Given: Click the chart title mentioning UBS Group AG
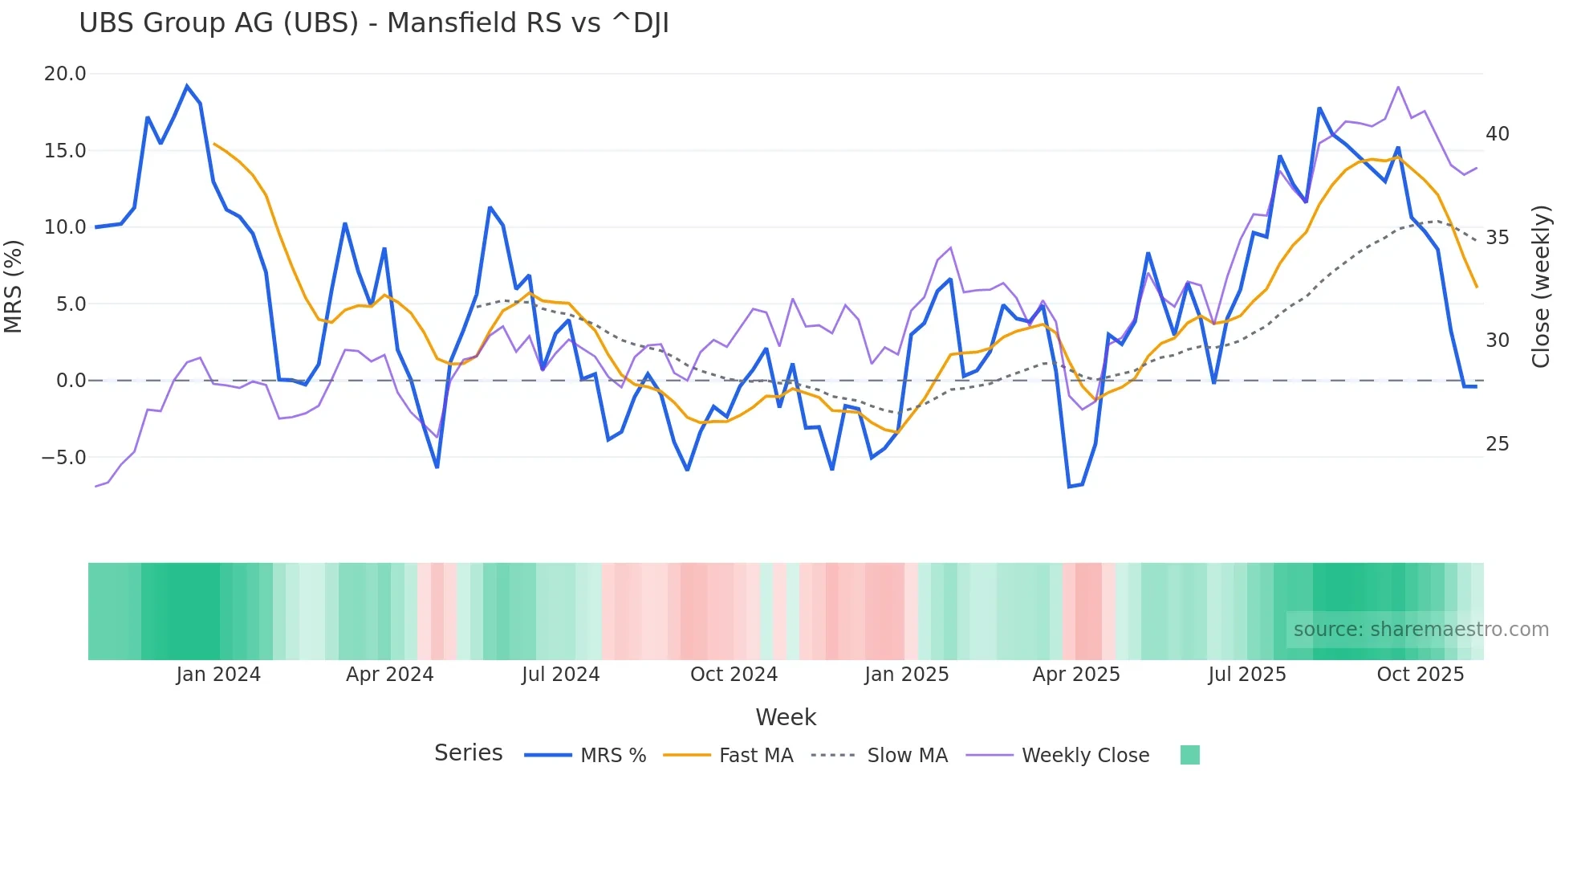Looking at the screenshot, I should click(373, 23).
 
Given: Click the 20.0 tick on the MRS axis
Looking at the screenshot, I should click(64, 74).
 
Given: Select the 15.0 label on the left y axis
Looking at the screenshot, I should click(64, 151).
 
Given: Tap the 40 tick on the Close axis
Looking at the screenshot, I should click(1497, 134).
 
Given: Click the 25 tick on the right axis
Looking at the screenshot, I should click(1497, 444).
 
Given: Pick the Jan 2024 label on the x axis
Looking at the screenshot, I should click(218, 675).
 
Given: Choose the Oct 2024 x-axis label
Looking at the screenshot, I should click(734, 675).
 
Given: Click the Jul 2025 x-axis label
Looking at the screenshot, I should click(1246, 675).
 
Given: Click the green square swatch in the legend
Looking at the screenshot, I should click(1189, 755).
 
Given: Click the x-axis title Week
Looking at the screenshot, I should click(786, 717).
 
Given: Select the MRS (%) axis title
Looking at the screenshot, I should click(14, 287).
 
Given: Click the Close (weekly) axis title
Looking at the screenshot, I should click(1541, 287).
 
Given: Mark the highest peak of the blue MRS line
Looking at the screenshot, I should click(187, 86).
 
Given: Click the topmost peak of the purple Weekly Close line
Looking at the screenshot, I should click(1398, 87).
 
